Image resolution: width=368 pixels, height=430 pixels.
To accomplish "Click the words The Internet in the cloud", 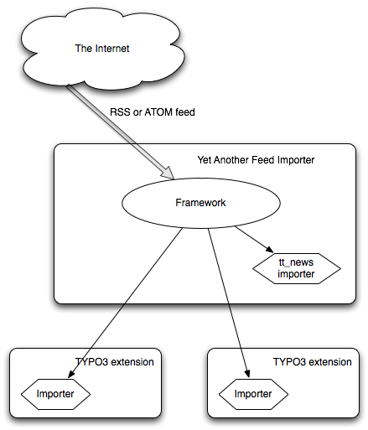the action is coord(102,49).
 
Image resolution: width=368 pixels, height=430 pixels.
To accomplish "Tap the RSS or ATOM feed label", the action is coord(153,112).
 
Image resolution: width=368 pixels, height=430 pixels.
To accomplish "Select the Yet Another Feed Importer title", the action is coord(256,160).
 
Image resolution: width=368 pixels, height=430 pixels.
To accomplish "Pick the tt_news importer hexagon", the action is coord(297,268).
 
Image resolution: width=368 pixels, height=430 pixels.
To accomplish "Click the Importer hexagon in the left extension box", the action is coord(55,394).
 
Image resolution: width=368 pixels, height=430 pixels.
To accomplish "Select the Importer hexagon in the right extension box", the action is coord(253,394).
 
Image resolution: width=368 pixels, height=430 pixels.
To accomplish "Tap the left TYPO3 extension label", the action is coord(114,362).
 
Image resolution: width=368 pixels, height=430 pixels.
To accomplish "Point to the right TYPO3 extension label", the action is coord(312,362).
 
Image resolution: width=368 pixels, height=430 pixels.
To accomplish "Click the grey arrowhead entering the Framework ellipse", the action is coord(168,174).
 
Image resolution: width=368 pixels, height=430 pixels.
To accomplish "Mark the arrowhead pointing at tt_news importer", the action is coord(269,249).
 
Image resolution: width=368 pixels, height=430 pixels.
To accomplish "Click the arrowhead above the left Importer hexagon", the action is coord(70,375).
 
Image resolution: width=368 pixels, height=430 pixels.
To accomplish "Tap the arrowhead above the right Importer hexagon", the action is coord(247,374).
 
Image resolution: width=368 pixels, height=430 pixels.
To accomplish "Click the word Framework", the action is coord(200,203).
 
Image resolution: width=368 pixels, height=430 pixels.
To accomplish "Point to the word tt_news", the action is coord(296,262).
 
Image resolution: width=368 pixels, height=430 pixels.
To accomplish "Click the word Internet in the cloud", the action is coord(112,49).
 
